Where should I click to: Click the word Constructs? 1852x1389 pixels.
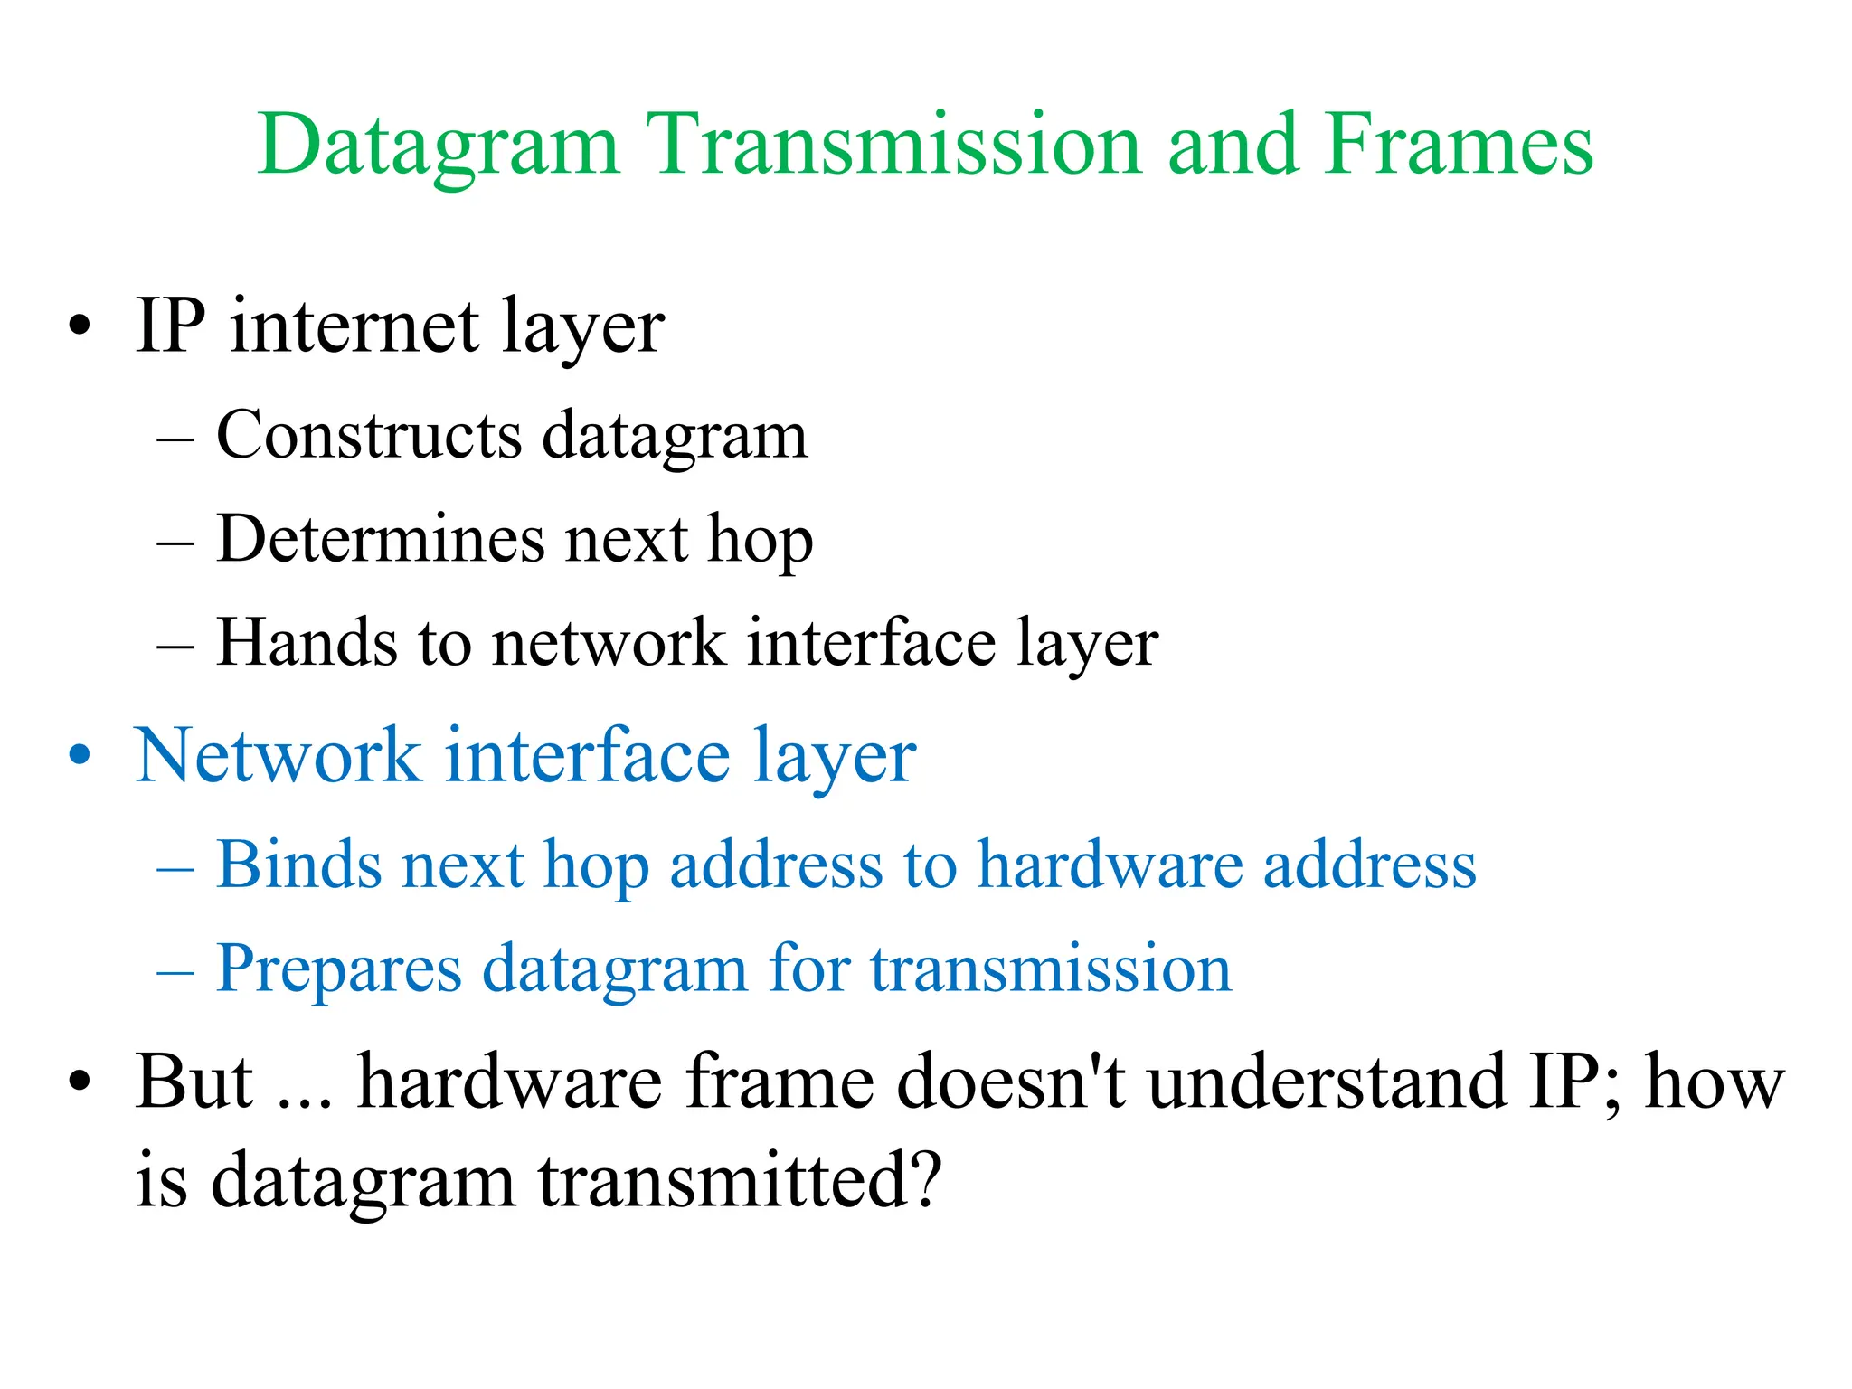(369, 436)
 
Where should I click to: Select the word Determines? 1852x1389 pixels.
(381, 540)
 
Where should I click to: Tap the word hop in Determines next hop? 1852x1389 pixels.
(761, 543)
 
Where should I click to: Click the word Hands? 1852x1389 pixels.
(307, 643)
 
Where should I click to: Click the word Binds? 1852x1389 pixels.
(298, 865)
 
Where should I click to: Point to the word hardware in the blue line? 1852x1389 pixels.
(1110, 865)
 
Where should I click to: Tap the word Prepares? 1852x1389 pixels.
(339, 969)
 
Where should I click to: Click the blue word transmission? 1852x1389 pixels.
(1050, 969)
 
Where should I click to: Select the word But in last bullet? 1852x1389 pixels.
(194, 1082)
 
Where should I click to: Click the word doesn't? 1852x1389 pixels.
(1010, 1082)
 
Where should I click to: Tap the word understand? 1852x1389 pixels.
(1328, 1082)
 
